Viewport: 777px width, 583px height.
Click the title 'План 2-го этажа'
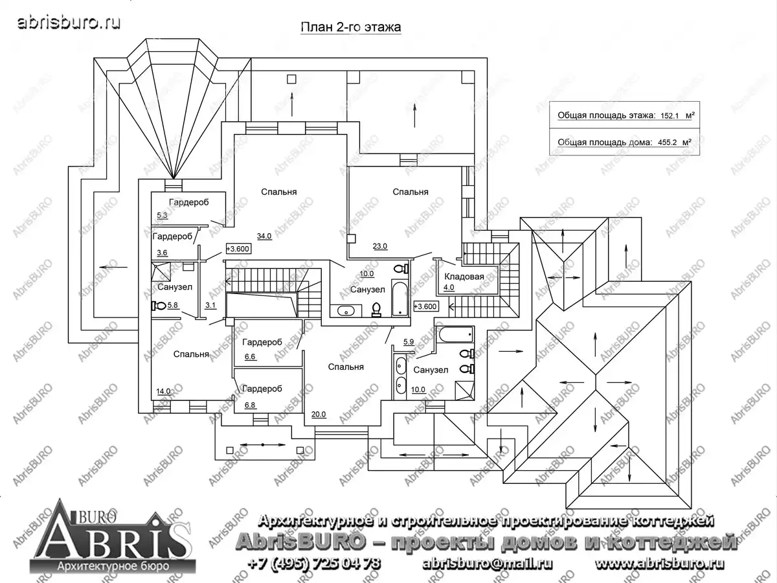[351, 27]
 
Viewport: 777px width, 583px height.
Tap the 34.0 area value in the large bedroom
[264, 236]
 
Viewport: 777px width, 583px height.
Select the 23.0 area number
[380, 246]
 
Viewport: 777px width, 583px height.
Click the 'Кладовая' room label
[464, 277]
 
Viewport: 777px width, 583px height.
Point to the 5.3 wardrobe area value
[162, 215]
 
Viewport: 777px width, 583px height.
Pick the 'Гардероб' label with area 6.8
[262, 389]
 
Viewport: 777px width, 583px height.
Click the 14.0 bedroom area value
[164, 391]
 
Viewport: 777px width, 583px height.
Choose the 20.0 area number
[319, 414]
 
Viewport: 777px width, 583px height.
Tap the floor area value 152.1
[670, 116]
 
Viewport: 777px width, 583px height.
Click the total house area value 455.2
[668, 143]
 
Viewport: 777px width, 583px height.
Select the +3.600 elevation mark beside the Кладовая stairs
[426, 306]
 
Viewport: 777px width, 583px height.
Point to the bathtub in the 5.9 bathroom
[456, 334]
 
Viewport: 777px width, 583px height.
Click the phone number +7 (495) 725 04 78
[314, 563]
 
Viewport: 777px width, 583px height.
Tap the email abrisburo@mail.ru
[487, 564]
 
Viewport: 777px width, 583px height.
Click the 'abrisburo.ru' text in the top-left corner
[69, 23]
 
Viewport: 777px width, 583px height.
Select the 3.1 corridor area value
[210, 305]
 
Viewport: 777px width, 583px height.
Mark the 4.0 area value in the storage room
[449, 288]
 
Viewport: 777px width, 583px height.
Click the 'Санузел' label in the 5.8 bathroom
[175, 287]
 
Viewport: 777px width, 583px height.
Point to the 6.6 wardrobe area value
[250, 356]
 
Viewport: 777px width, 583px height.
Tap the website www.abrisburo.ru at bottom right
[659, 563]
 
